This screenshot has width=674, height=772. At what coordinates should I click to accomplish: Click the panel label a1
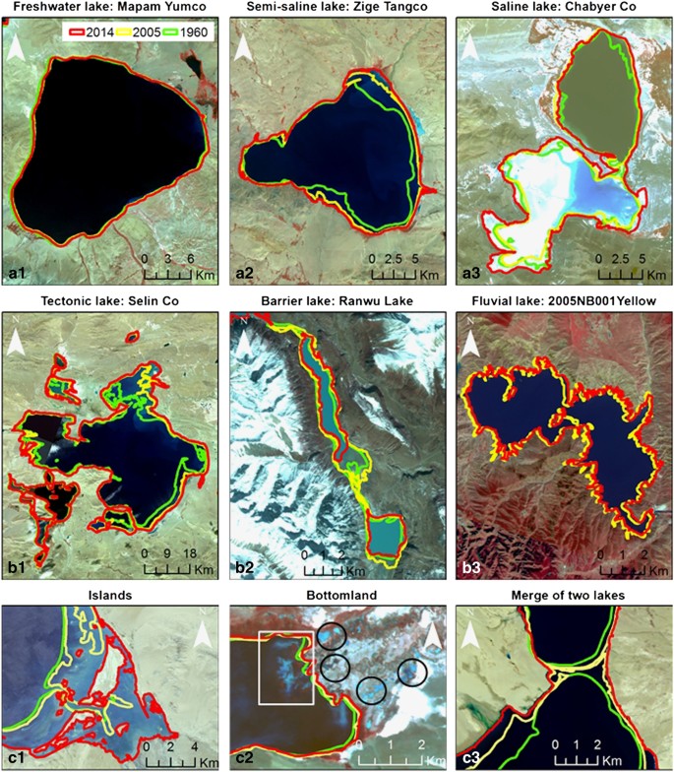17,272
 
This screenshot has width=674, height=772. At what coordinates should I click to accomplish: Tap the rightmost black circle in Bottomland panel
412,672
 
